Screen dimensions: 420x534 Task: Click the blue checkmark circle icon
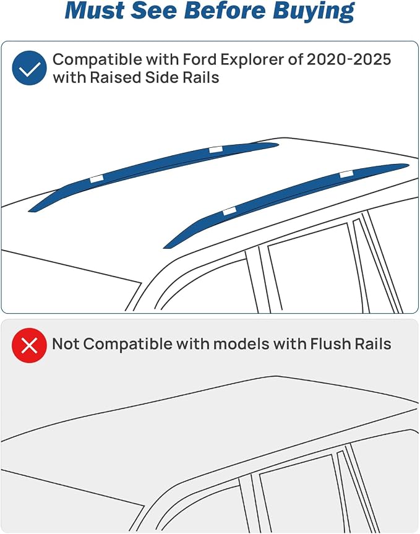tap(29, 68)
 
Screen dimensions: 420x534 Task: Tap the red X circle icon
tap(29, 345)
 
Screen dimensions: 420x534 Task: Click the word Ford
tap(200, 59)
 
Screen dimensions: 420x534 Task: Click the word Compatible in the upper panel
tap(97, 60)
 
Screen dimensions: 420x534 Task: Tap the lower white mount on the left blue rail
tap(96, 179)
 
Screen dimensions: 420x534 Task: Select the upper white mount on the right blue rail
tap(346, 174)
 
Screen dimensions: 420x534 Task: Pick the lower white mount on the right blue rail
tap(229, 211)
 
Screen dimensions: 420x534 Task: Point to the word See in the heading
tap(154, 11)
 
